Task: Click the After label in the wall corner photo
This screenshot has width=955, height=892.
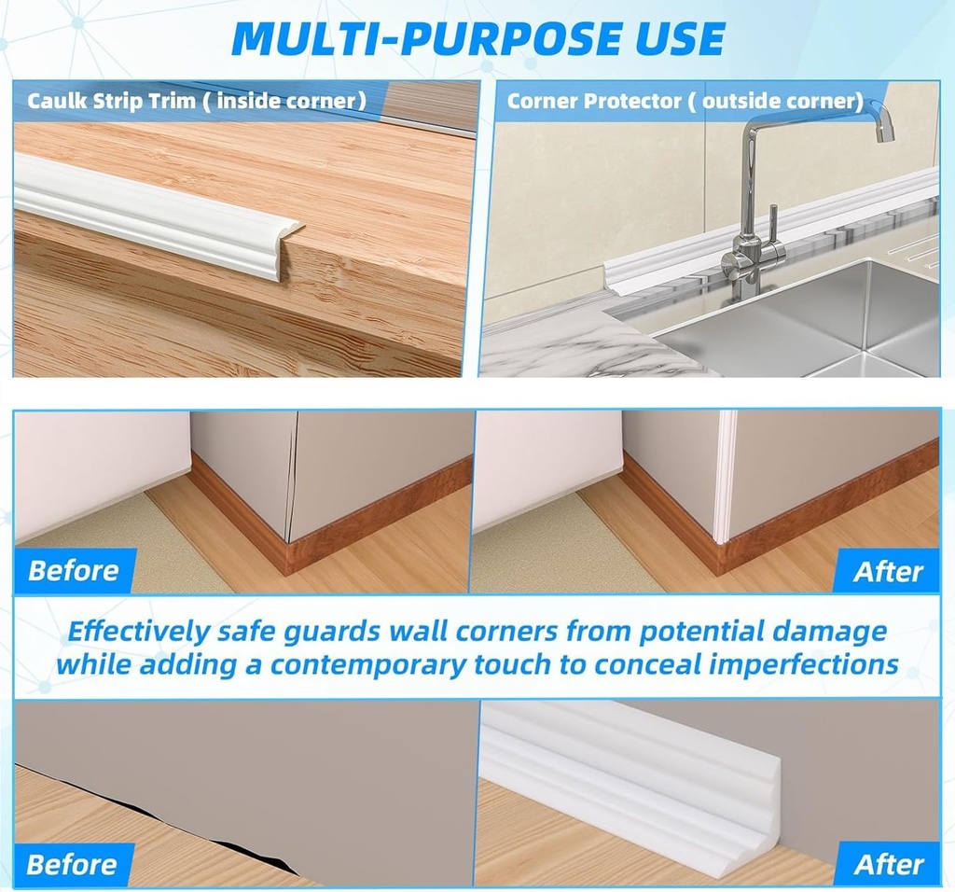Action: click(x=888, y=571)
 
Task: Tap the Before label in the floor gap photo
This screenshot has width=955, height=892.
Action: click(x=73, y=863)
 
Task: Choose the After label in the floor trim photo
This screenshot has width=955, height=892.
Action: click(x=888, y=863)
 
